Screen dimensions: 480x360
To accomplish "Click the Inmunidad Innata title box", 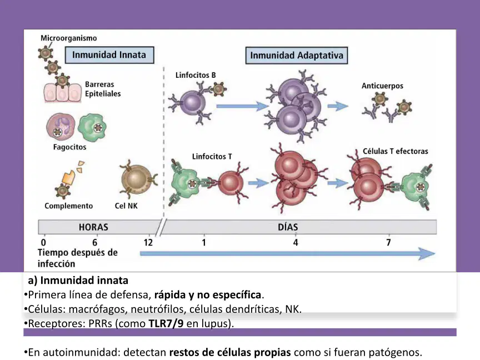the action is pos(109,55).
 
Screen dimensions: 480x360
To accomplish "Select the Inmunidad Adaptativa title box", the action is pos(296,56).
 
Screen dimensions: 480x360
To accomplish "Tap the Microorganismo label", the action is pos(68,38).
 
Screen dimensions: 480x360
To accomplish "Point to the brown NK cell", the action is pos(137,179).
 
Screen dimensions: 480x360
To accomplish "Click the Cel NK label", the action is pos(126,206).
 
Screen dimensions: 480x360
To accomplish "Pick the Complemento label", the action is pos(68,206).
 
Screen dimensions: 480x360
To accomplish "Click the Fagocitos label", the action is pos(70,147).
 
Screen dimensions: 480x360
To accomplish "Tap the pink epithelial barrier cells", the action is pos(62,92).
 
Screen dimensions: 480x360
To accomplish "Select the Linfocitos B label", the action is pos(196,75).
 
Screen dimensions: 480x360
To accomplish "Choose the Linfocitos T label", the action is pos(212,157).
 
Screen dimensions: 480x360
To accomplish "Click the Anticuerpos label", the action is pos(382,86).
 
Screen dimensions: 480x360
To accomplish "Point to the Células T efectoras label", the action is pos(396,151).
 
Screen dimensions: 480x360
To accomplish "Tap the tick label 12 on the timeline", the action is pos(148,243).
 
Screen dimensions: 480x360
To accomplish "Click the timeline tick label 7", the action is pos(388,243).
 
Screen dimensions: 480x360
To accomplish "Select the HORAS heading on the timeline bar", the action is pos(93,227).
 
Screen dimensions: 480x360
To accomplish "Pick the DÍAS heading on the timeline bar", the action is pos(288,227).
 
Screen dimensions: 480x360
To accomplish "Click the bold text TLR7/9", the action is pos(166,323).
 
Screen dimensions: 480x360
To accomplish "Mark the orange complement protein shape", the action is pos(68,177).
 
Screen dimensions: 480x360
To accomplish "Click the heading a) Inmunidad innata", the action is pos(78,281).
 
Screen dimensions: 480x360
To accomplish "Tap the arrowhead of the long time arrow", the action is pos(427,254).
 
